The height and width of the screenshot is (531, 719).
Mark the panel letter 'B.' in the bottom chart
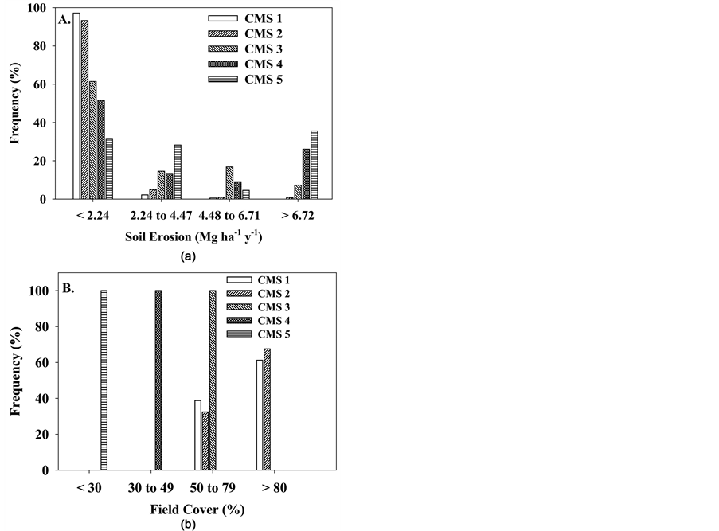tap(68, 289)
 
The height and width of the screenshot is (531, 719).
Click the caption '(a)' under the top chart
tap(187, 256)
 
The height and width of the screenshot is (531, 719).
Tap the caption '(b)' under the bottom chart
tap(187, 524)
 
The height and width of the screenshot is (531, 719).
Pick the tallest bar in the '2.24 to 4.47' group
tap(178, 172)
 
